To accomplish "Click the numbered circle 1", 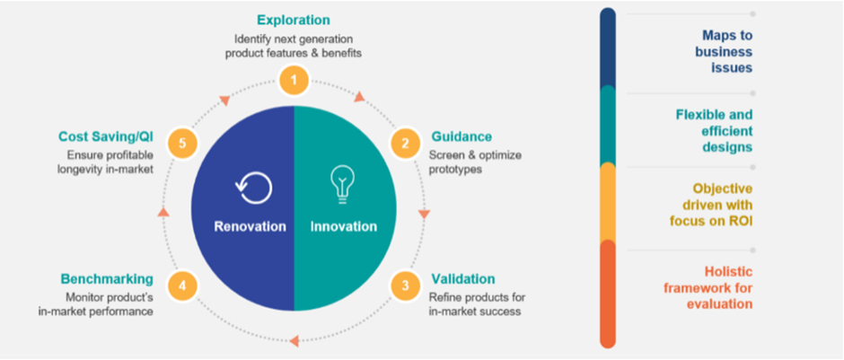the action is pyautogui.click(x=294, y=81).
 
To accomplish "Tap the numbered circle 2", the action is pyautogui.click(x=405, y=144).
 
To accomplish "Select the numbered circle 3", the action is pyautogui.click(x=405, y=286).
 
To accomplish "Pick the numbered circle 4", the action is pyautogui.click(x=182, y=286).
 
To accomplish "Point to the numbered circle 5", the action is pyautogui.click(x=182, y=144).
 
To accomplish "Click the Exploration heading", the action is pyautogui.click(x=294, y=21).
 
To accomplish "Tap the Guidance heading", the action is pyautogui.click(x=462, y=136).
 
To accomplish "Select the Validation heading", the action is pyautogui.click(x=463, y=278).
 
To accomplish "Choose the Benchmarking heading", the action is pyautogui.click(x=107, y=278).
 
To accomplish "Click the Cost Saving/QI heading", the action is pyautogui.click(x=106, y=136).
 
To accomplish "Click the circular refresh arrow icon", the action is pyautogui.click(x=253, y=188).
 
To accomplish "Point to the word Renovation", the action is pyautogui.click(x=250, y=226).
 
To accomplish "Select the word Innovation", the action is pyautogui.click(x=343, y=226).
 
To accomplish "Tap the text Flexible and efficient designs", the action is pyautogui.click(x=714, y=131).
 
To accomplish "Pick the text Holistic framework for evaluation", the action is pyautogui.click(x=708, y=287).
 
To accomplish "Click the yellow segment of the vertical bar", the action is pyautogui.click(x=608, y=202).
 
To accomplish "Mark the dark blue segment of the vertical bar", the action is pyautogui.click(x=608, y=48).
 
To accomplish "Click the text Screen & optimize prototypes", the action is pyautogui.click(x=475, y=162).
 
